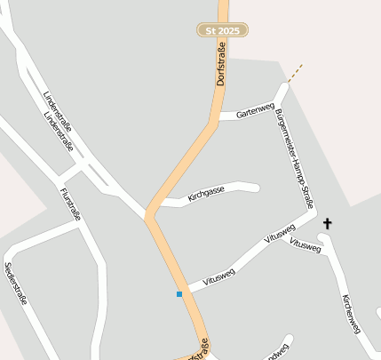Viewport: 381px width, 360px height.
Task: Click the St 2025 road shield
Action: click(222, 30)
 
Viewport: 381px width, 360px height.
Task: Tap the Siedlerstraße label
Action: click(16, 283)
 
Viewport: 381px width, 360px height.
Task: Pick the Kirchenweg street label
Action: click(351, 315)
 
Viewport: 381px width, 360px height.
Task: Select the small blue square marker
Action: click(179, 293)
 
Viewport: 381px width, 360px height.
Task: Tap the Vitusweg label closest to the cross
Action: click(305, 246)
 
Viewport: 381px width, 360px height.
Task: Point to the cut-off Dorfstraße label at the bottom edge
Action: click(199, 349)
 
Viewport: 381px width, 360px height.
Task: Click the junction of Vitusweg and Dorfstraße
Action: click(181, 287)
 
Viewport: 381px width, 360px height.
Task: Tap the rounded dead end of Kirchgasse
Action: click(255, 187)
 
